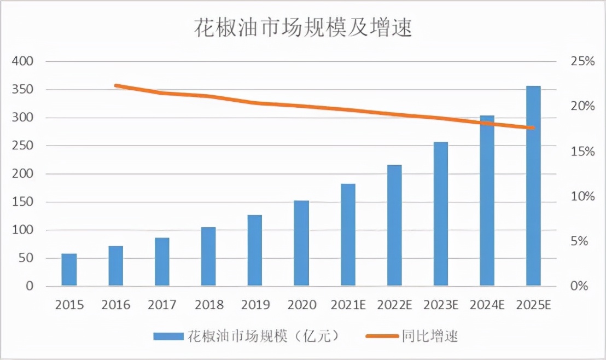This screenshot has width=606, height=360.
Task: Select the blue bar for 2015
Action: click(x=69, y=270)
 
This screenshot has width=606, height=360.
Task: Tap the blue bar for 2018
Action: click(x=208, y=257)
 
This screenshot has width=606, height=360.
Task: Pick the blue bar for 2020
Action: click(x=301, y=243)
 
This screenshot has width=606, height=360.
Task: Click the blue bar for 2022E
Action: click(x=394, y=225)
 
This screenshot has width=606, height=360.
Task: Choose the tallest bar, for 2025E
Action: click(x=533, y=186)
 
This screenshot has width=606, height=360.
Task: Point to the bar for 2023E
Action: click(x=441, y=214)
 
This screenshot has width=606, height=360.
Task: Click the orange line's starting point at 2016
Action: click(x=116, y=85)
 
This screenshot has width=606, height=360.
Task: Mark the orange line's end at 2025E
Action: click(x=533, y=128)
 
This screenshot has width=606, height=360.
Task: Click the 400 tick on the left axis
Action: click(x=22, y=61)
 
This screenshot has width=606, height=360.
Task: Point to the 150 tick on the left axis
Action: click(x=22, y=202)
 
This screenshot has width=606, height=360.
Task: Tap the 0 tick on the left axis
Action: click(x=30, y=286)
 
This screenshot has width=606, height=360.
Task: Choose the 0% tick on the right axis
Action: click(x=582, y=286)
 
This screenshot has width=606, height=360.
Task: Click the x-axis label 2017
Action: click(x=162, y=305)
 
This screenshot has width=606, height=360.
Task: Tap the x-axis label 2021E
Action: click(x=348, y=305)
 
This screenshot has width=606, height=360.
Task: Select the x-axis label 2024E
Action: click(x=487, y=305)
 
